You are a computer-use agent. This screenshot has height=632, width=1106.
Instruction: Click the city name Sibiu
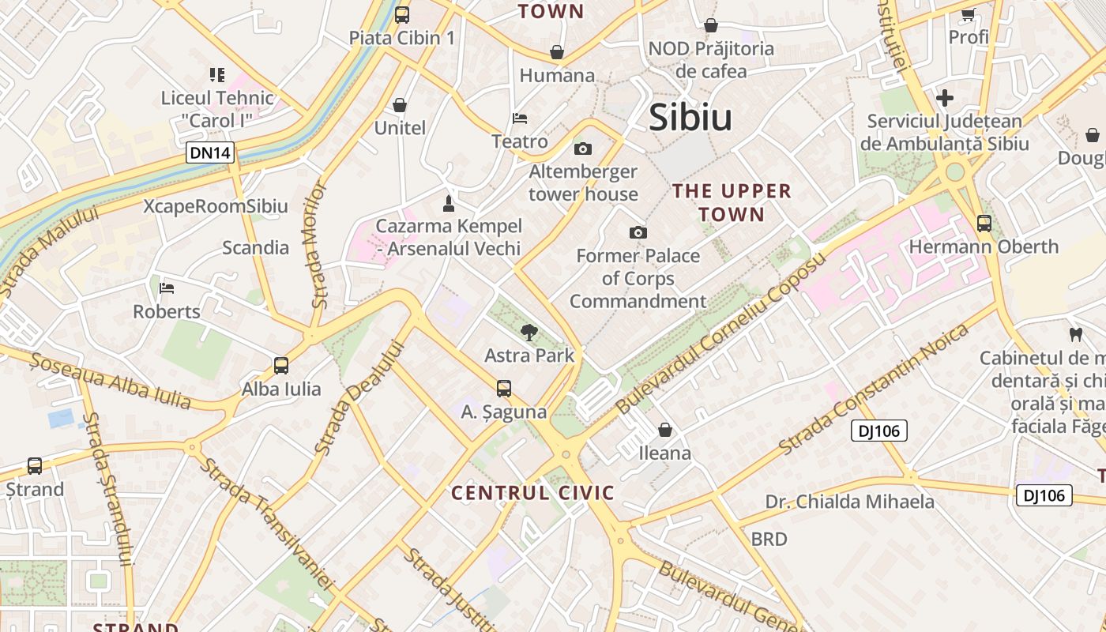690,117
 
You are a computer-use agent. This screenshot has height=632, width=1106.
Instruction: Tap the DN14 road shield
211,152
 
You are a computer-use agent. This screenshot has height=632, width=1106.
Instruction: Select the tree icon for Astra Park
529,333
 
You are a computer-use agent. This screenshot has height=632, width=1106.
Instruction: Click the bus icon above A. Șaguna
504,389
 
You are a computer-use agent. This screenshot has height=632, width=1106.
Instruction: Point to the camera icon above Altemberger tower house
583,149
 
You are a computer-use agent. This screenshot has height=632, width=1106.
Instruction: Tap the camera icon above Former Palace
638,232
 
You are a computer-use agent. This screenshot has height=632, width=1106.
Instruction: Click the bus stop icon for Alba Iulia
281,366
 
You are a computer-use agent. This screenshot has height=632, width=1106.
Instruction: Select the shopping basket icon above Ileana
665,430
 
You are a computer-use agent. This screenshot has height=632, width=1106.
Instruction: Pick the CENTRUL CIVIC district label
532,494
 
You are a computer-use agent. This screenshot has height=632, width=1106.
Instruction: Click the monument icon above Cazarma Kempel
449,204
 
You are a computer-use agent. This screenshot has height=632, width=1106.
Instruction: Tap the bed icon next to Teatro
520,118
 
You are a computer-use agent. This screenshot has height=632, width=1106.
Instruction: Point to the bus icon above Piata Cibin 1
402,14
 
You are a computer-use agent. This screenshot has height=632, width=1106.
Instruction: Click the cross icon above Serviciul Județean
945,99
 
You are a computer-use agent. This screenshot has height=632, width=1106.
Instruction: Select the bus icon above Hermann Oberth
984,224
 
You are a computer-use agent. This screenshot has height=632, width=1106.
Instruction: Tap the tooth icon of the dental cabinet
1074,334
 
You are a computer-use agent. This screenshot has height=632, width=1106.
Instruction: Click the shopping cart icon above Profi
968,13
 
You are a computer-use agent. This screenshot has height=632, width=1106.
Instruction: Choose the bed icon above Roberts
166,288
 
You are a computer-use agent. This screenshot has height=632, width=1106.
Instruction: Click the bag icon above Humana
557,52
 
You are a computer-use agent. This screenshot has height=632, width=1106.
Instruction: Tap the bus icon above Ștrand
35,466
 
